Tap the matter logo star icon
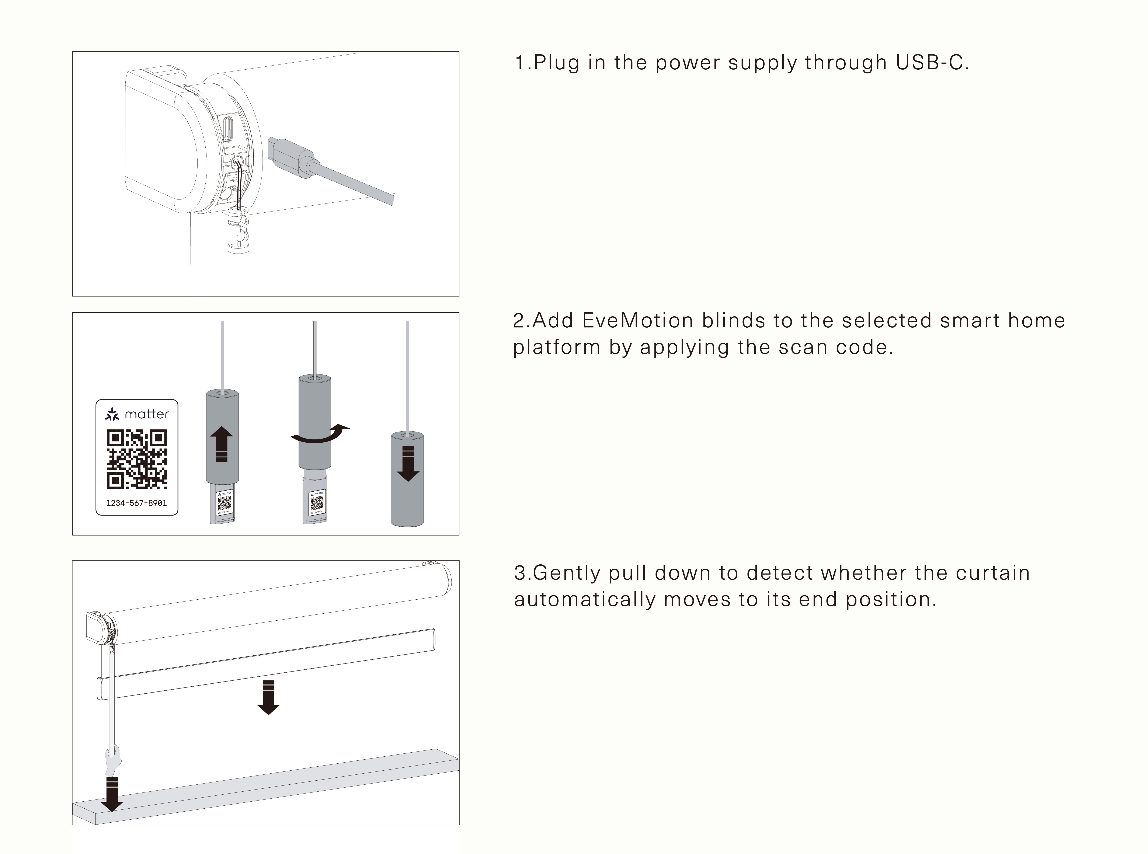click(112, 414)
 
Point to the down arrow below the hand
click(112, 794)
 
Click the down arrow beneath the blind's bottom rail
click(268, 698)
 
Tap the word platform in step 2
click(557, 347)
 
